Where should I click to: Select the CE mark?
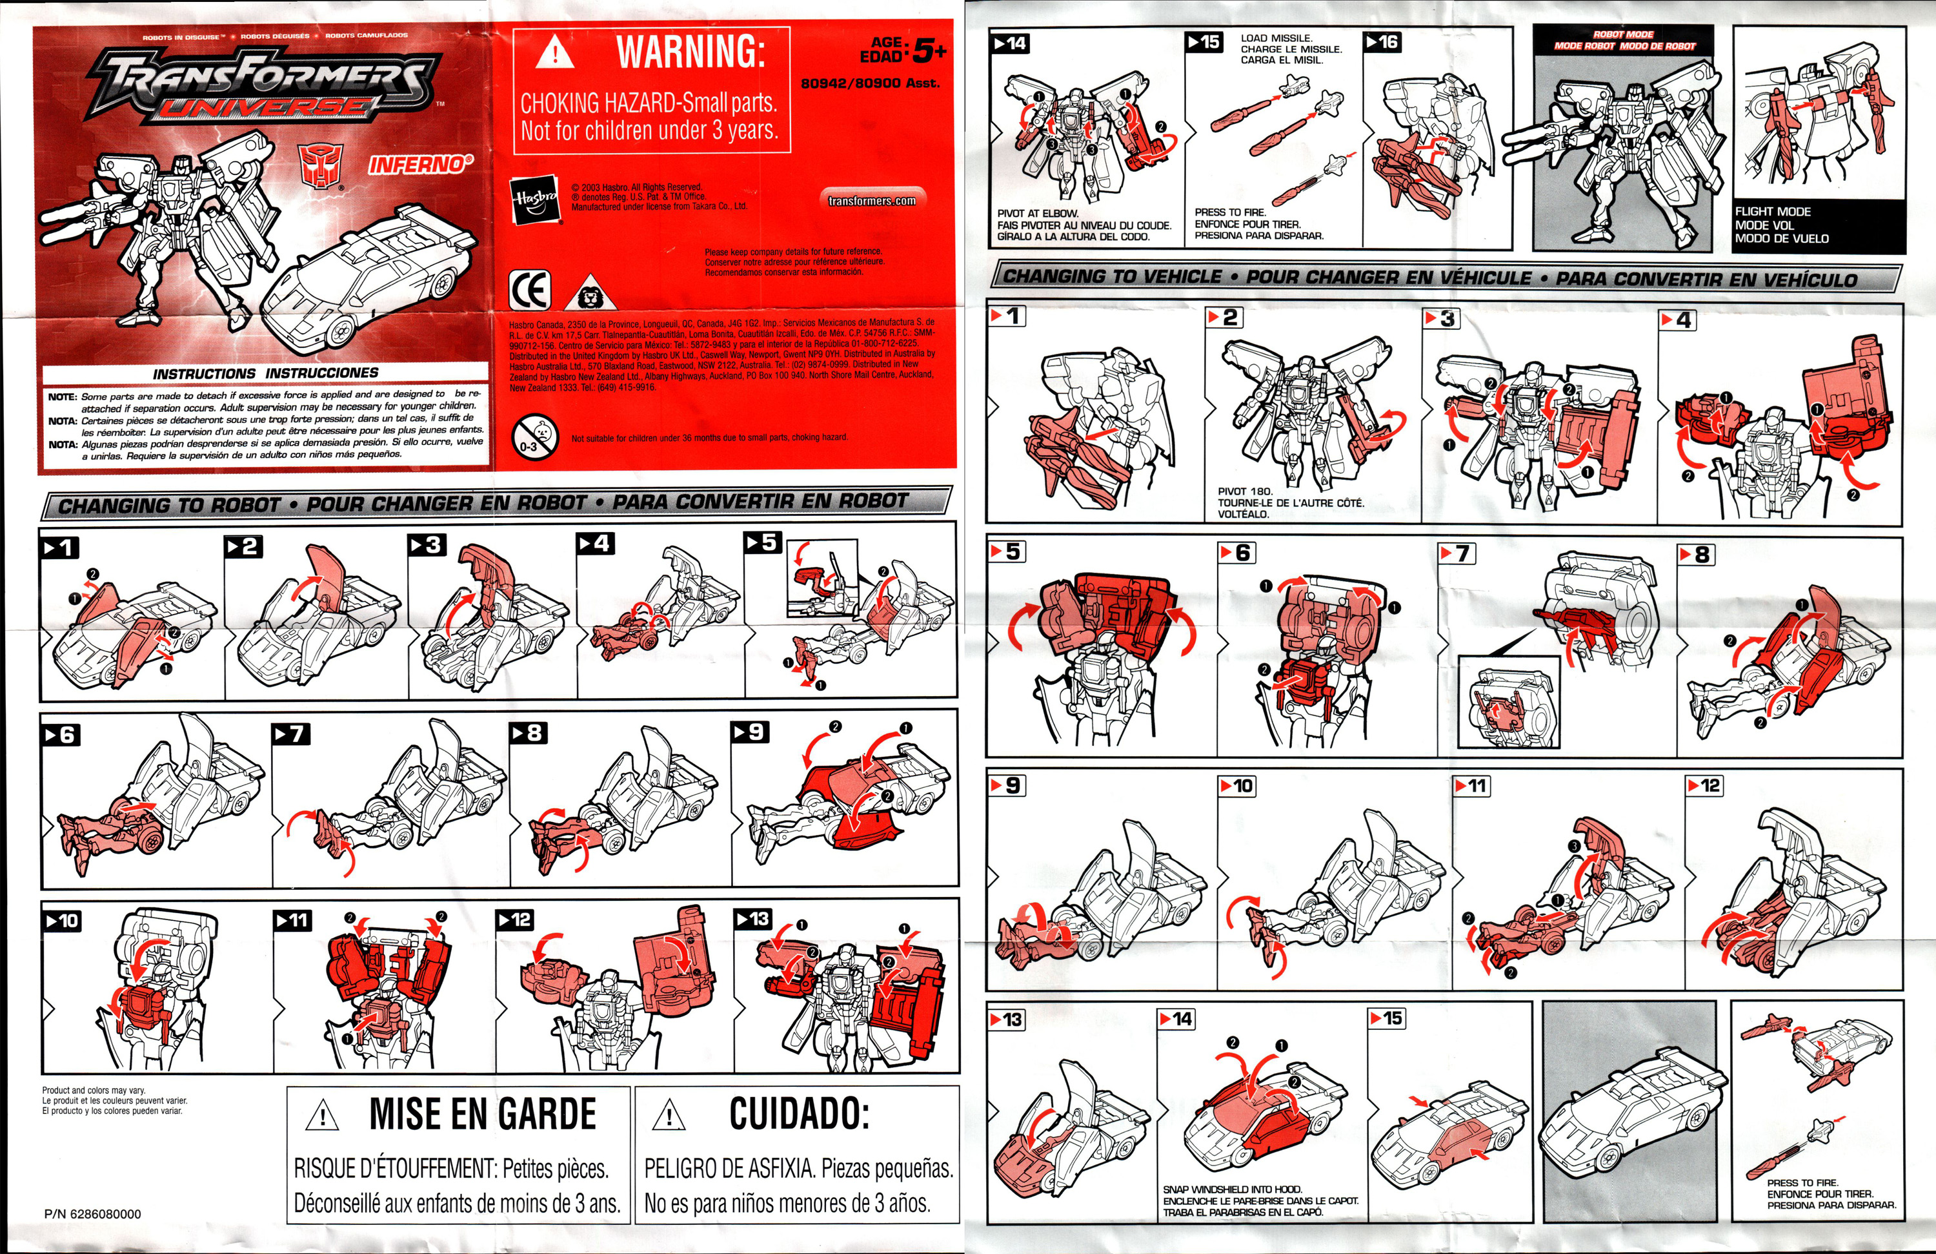point(530,290)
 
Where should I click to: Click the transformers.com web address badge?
point(871,200)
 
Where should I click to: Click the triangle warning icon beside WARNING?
point(556,54)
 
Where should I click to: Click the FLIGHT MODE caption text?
point(1773,212)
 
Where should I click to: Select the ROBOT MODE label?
point(1623,35)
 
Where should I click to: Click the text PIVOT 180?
point(1245,491)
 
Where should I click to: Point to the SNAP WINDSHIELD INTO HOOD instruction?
point(1233,1189)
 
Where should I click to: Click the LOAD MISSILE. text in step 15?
point(1276,38)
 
